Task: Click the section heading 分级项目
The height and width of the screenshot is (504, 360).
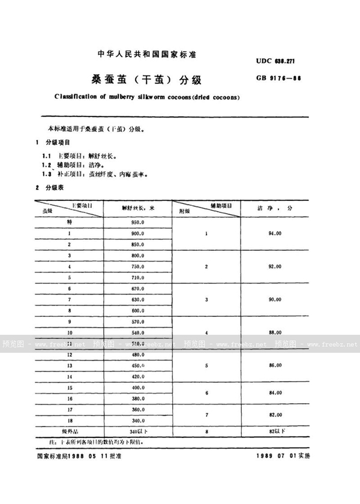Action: click(58, 143)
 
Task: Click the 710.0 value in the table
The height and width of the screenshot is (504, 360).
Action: click(138, 277)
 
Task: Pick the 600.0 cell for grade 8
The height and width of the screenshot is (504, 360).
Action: click(138, 310)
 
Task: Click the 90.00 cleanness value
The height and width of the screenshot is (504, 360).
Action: click(275, 299)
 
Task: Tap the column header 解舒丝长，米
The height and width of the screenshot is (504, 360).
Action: click(138, 208)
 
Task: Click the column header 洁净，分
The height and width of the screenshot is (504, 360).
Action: click(275, 207)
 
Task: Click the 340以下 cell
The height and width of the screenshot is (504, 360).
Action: click(138, 430)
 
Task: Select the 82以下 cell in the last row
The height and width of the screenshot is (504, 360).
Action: click(275, 430)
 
